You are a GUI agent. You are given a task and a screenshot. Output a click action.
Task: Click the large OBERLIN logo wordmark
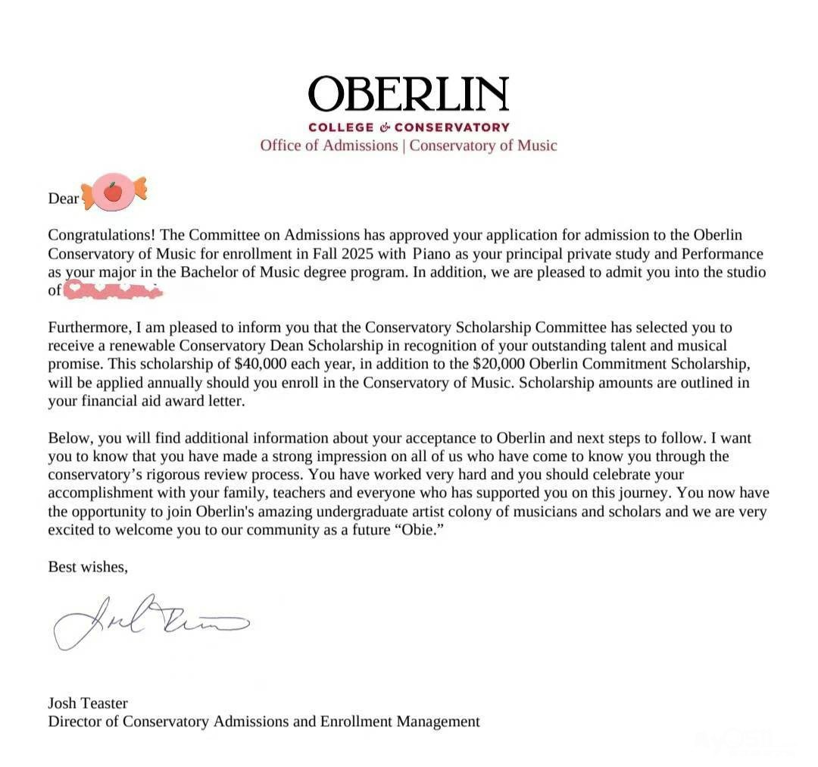[408, 94]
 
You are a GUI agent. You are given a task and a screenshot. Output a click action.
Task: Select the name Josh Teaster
[88, 703]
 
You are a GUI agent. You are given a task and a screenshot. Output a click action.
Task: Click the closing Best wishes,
[88, 566]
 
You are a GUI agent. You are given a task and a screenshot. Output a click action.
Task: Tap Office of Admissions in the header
[329, 145]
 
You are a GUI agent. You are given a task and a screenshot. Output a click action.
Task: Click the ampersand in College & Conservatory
[384, 127]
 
